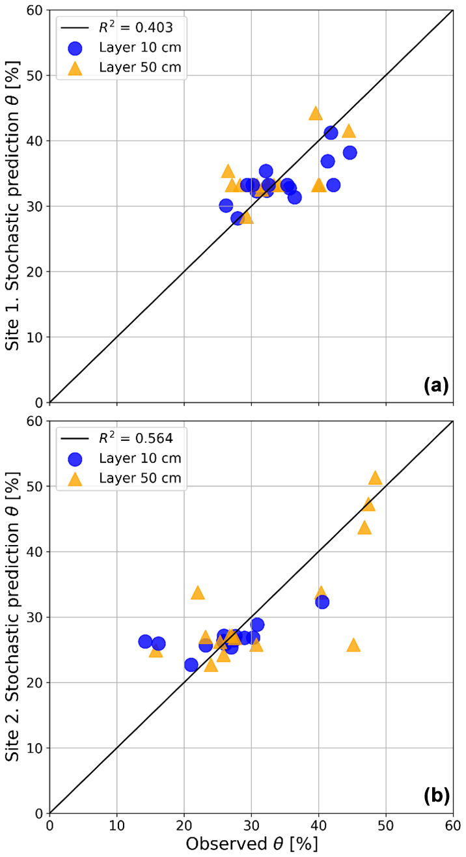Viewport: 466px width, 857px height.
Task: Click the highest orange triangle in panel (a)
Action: [x=316, y=113]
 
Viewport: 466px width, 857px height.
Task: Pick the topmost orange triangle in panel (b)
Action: [x=375, y=478]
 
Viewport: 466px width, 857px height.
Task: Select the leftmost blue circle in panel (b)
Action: [x=145, y=641]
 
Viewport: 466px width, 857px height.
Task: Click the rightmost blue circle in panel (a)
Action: [x=349, y=152]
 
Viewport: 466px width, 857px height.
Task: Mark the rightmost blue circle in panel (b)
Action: [x=322, y=602]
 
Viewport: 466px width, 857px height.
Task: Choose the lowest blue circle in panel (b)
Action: [x=191, y=665]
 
